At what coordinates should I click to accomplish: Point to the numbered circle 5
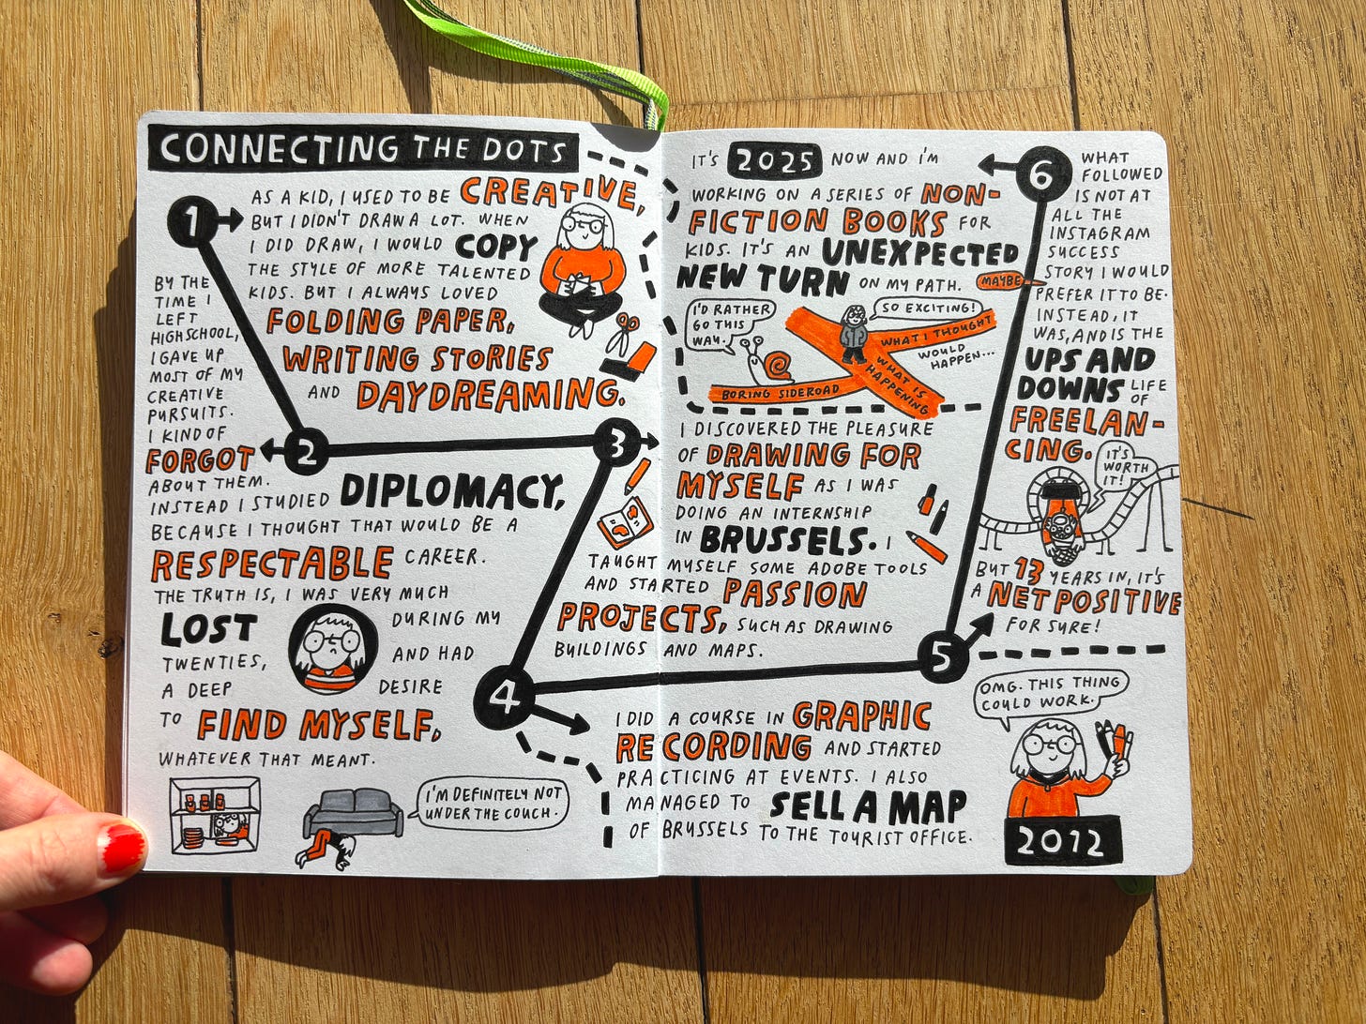coord(943,656)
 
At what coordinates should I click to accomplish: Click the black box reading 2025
coord(774,160)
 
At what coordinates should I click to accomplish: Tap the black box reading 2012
coord(1061,841)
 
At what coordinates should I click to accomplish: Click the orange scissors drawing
coord(621,331)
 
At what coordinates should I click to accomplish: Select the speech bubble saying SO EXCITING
coord(925,307)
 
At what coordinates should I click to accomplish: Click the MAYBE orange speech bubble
coord(1006,280)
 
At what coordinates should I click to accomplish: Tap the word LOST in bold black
coord(208,628)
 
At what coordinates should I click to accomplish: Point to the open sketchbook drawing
coord(626,521)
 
